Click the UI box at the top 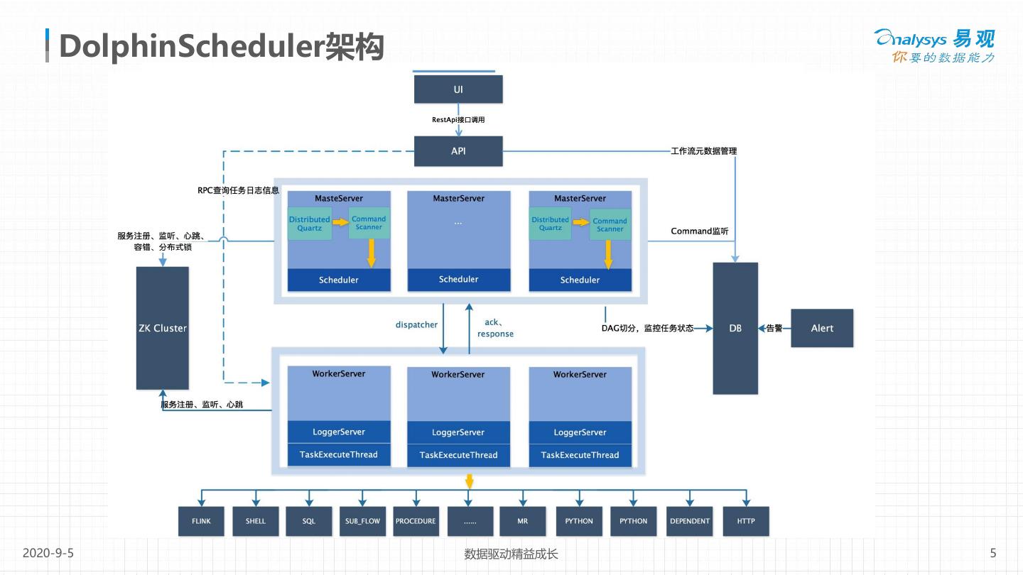[x=458, y=89]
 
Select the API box [x=458, y=151]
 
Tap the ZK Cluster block [x=162, y=328]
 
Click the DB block [x=735, y=328]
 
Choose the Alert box [x=822, y=328]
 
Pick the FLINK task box [x=201, y=521]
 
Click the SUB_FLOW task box [x=362, y=521]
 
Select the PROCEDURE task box [x=416, y=521]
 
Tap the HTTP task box [x=746, y=521]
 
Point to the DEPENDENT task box [x=690, y=521]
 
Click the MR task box [x=523, y=521]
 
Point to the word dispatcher [x=416, y=324]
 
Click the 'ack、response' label [x=495, y=328]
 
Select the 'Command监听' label [x=700, y=231]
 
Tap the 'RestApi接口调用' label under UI [x=458, y=120]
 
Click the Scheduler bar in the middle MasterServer [x=458, y=280]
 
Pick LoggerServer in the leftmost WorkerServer [x=339, y=432]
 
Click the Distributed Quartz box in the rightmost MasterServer [x=551, y=224]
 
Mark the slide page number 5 [x=993, y=553]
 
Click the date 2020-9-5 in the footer [x=48, y=553]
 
